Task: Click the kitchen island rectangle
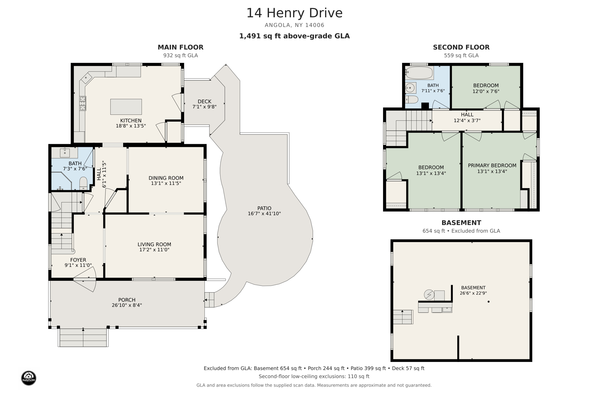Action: (126, 107)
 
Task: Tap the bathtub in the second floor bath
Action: (419, 73)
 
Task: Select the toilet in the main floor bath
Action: (83, 183)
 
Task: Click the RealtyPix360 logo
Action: (28, 378)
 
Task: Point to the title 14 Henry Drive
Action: (294, 13)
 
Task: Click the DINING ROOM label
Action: (166, 178)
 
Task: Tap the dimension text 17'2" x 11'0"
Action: (154, 250)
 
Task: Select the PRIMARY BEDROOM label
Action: (492, 165)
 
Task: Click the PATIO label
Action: (264, 208)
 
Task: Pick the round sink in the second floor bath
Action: (410, 88)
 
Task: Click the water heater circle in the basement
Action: (429, 295)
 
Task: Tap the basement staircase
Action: (403, 317)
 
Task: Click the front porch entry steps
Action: (83, 337)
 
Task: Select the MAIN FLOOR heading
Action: (180, 47)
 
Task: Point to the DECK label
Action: (204, 101)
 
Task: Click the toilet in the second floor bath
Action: (411, 100)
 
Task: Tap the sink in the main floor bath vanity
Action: (65, 153)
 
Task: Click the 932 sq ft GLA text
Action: (180, 55)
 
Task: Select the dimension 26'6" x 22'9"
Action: (473, 293)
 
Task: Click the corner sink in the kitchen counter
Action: (86, 78)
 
